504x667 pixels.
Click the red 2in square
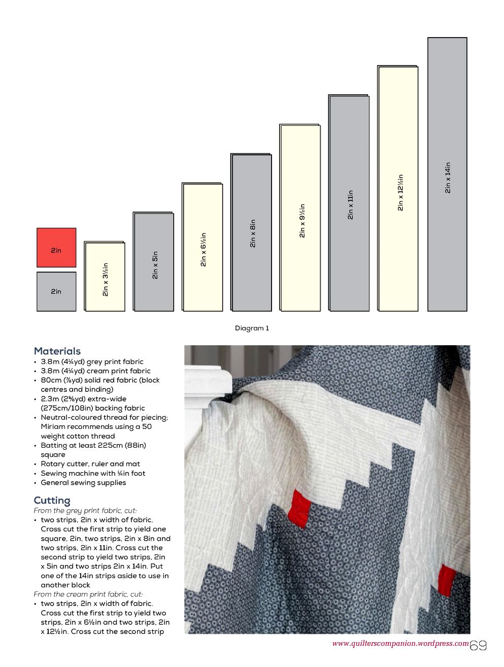(x=56, y=247)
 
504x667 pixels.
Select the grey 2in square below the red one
(x=56, y=291)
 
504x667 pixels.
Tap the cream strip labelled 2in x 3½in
(x=105, y=277)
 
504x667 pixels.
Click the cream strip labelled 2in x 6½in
(x=203, y=247)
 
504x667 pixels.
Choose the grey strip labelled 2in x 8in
(x=252, y=232)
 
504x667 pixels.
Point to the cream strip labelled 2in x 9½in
(x=300, y=218)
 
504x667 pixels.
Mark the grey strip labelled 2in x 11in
(x=349, y=203)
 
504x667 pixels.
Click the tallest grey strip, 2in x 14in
(x=447, y=174)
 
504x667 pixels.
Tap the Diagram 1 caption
(x=252, y=328)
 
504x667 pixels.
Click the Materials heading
(x=57, y=351)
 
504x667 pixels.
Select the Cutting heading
(x=52, y=501)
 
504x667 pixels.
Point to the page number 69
(x=479, y=646)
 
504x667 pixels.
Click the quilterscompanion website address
(x=400, y=644)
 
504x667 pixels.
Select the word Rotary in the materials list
(x=53, y=464)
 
